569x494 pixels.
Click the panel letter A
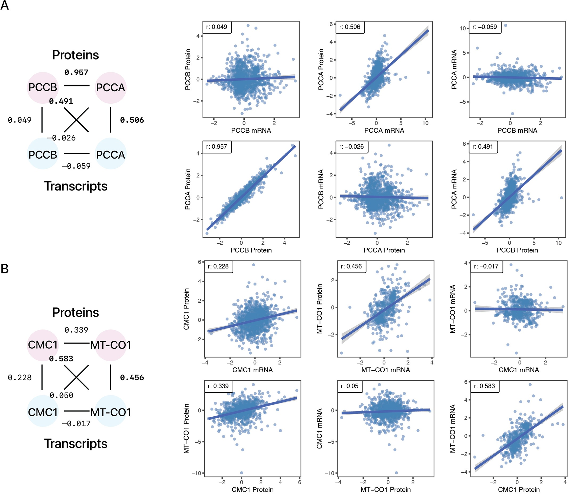[x=5, y=5]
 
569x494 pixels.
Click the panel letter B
[x=5, y=269]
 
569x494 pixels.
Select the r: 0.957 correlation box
[x=217, y=147]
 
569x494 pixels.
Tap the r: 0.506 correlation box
[x=350, y=27]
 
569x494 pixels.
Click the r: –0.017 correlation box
[x=486, y=266]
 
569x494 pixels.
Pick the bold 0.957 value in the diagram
[x=76, y=73]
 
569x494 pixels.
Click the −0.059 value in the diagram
[x=76, y=166]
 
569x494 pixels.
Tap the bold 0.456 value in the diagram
[x=132, y=378]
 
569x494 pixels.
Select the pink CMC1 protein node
[x=43, y=345]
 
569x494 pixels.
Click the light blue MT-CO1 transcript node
[x=111, y=413]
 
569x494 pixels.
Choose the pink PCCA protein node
[x=111, y=88]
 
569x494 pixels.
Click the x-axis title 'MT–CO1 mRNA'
[x=386, y=370]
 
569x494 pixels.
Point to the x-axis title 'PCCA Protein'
[x=384, y=250]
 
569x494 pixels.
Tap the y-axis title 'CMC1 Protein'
[x=186, y=309]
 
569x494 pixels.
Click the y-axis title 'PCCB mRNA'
[x=321, y=189]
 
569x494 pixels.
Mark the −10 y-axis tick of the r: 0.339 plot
[x=197, y=473]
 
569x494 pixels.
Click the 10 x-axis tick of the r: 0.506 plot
[x=425, y=123]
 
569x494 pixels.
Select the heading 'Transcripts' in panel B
[x=76, y=444]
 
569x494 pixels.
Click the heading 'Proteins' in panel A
[x=76, y=55]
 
